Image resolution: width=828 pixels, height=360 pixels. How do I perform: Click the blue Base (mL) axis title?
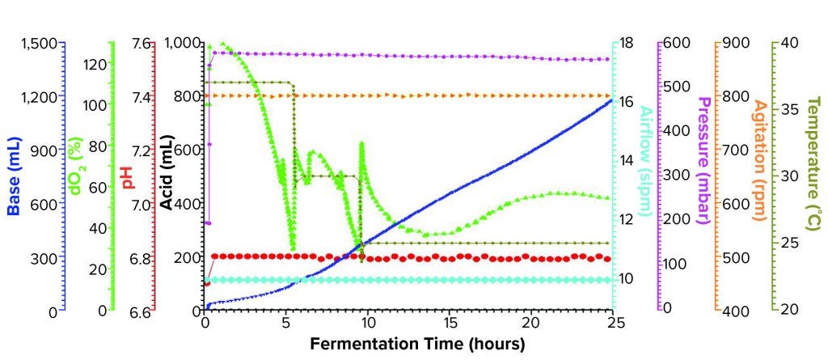click(x=14, y=177)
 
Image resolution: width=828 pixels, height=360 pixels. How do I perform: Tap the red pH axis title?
click(x=127, y=177)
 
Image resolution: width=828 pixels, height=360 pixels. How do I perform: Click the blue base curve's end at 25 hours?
click(x=611, y=100)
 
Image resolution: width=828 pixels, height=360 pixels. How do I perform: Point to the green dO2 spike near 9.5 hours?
click(x=361, y=144)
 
